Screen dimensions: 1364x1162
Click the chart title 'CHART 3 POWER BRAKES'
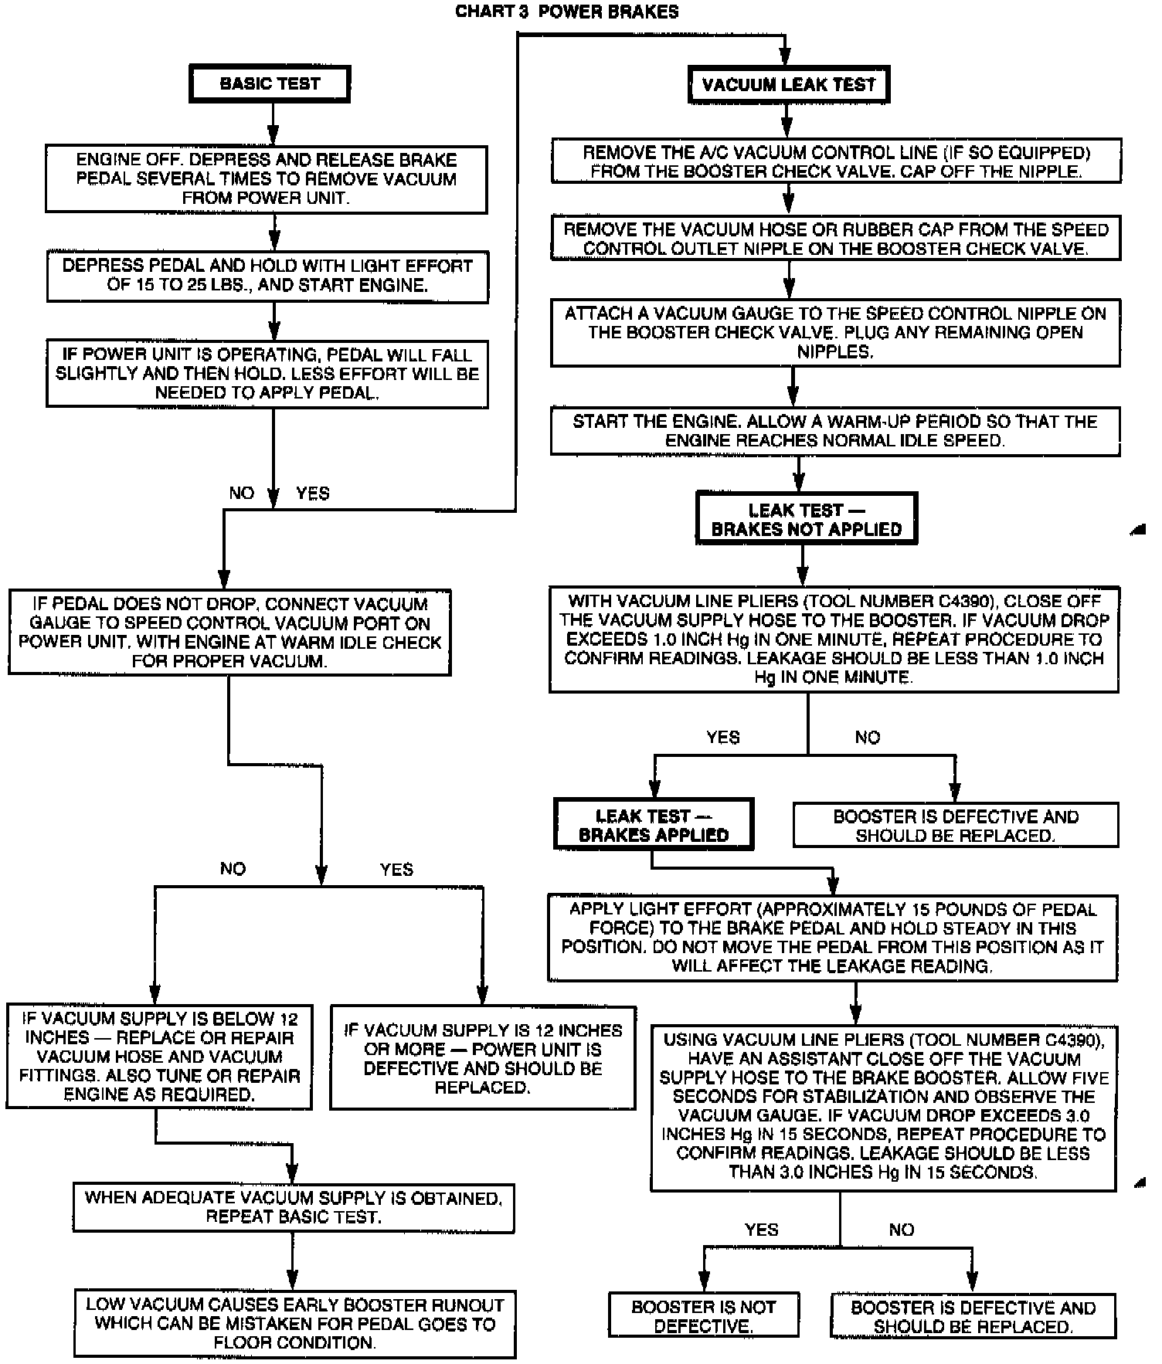[x=566, y=12]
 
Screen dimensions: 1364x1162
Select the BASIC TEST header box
[x=270, y=83]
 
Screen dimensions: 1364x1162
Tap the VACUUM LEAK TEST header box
[x=788, y=84]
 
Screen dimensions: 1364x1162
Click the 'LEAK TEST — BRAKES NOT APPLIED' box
[x=806, y=519]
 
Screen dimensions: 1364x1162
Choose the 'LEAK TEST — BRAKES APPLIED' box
[x=653, y=825]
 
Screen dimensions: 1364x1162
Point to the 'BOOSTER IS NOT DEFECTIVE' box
[x=703, y=1316]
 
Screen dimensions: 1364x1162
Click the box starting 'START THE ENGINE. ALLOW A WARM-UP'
[x=834, y=431]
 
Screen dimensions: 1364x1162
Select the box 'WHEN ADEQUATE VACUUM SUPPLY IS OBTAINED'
[x=293, y=1207]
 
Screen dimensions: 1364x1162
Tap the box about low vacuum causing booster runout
[x=294, y=1324]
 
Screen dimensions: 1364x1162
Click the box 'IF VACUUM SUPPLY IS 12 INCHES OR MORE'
[x=482, y=1058]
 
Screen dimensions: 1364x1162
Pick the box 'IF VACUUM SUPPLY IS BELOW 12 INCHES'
[x=159, y=1057]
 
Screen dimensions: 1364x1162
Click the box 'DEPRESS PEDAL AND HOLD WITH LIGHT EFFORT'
[x=267, y=275]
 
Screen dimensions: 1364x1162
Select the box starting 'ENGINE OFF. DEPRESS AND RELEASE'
[x=266, y=178]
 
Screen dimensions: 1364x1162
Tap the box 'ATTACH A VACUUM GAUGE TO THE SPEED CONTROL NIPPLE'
[x=834, y=332]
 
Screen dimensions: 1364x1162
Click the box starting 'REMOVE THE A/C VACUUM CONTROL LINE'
[x=836, y=161]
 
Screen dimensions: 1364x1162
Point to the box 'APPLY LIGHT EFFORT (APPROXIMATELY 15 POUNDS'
[x=832, y=938]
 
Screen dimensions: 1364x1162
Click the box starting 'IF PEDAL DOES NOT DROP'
[x=229, y=633]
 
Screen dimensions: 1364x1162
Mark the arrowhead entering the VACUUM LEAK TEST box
[x=785, y=58]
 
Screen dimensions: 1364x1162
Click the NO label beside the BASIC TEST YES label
[x=242, y=494]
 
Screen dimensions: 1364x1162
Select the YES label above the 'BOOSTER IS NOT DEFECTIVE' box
[x=761, y=1230]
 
